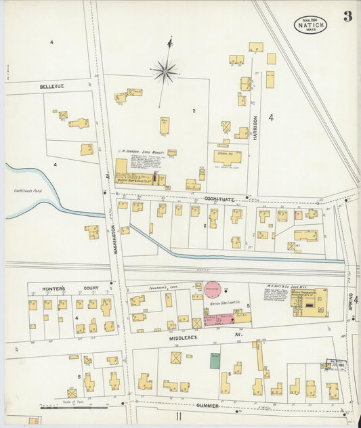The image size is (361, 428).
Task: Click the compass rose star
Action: click(165, 70)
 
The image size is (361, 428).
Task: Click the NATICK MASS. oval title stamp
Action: click(310, 25)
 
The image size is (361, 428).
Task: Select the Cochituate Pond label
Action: click(28, 191)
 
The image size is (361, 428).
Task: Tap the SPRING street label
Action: click(351, 305)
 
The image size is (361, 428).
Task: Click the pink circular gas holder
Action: click(213, 289)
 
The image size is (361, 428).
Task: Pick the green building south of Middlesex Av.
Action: click(215, 360)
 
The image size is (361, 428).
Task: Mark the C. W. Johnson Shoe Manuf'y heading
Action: click(140, 152)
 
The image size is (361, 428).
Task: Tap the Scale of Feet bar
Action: click(64, 408)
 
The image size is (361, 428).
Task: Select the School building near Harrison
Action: click(228, 156)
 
